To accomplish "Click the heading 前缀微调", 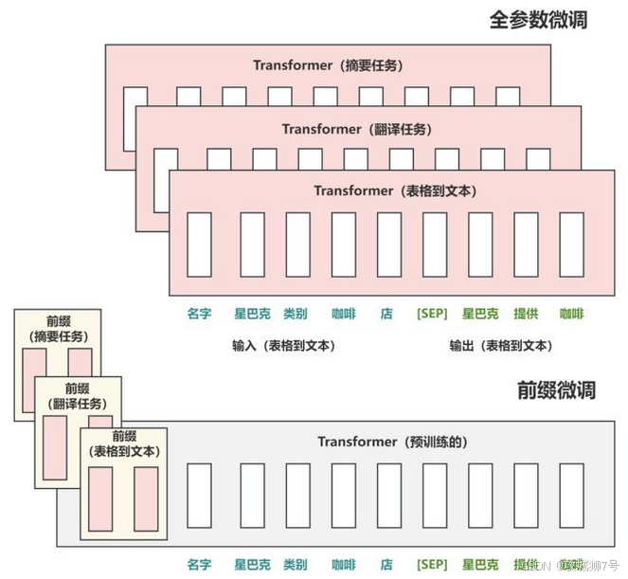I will tap(556, 389).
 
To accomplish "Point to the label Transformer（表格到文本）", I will tap(395, 190).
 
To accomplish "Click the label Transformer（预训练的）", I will tap(392, 442).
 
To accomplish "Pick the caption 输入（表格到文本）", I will tap(283, 346).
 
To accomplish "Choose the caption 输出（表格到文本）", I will tap(501, 346).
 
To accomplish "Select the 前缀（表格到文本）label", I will tap(124, 443).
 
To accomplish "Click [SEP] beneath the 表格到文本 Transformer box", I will tap(432, 314).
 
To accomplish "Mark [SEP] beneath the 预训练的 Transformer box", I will tap(432, 564).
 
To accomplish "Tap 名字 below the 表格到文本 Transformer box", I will tap(199, 314).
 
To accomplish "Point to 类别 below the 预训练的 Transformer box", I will tap(296, 564).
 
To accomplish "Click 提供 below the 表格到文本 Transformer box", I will tap(526, 314).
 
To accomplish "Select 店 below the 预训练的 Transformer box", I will tap(386, 564).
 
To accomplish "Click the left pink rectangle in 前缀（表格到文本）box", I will tap(101, 498).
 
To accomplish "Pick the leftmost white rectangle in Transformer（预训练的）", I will tap(199, 495).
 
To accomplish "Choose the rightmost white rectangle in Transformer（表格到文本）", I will tap(571, 244).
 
